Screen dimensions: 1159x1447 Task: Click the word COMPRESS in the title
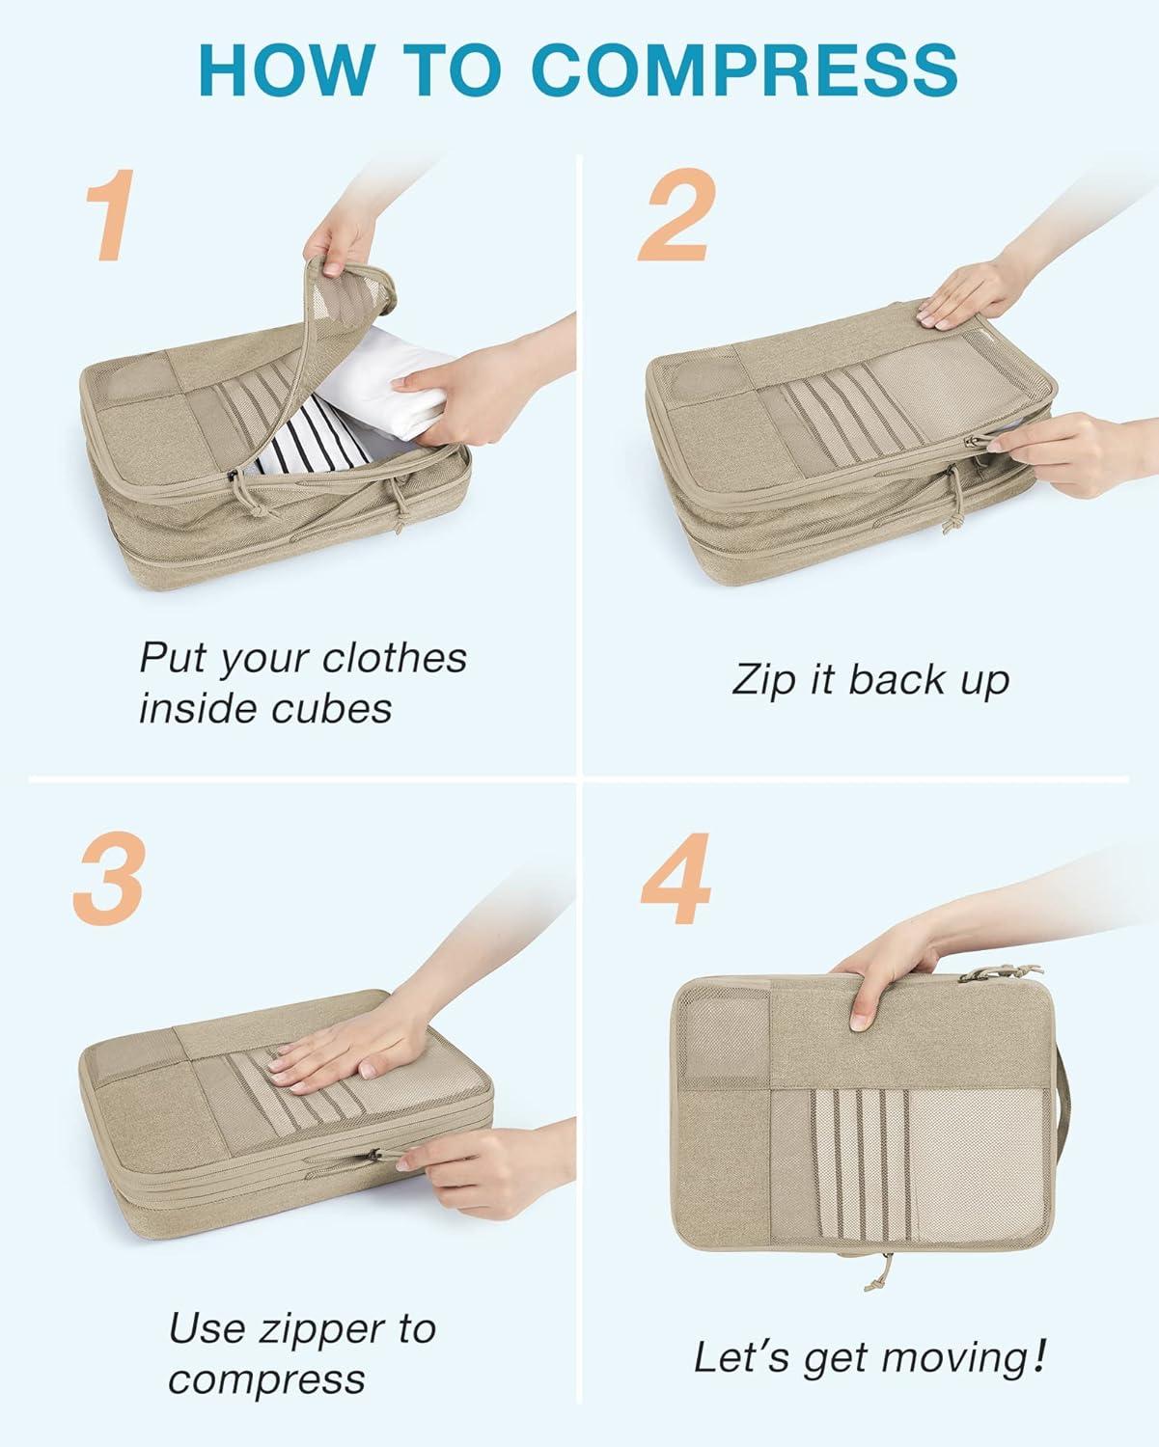tap(745, 69)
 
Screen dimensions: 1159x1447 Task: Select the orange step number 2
tap(676, 214)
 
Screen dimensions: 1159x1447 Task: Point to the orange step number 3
tap(109, 878)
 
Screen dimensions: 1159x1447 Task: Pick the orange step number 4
tap(676, 878)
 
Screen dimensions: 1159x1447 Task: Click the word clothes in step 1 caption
tap(395, 657)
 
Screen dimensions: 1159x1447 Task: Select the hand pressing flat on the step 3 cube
tap(349, 1034)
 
